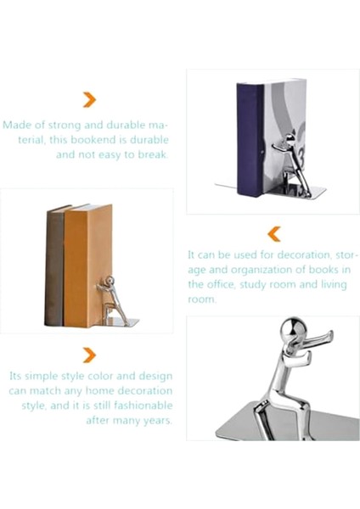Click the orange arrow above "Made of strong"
(88, 100)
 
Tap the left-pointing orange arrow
(273, 232)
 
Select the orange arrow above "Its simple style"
(88, 355)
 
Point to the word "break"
(153, 154)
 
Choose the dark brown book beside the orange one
(55, 263)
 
